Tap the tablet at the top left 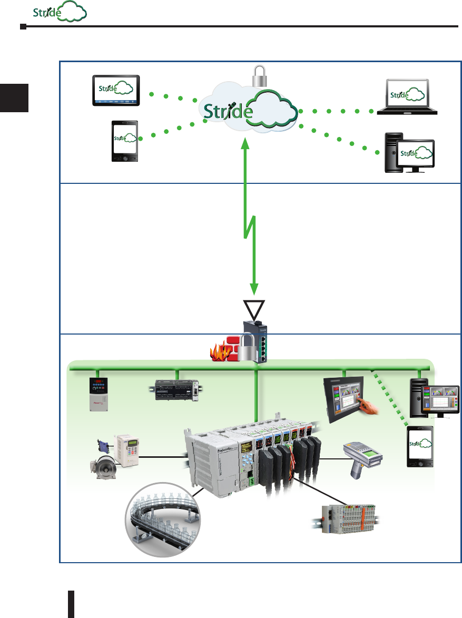116,90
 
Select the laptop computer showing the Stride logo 407,97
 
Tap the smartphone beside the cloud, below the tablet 125,140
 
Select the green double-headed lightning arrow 248,216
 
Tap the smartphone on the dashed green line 419,447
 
